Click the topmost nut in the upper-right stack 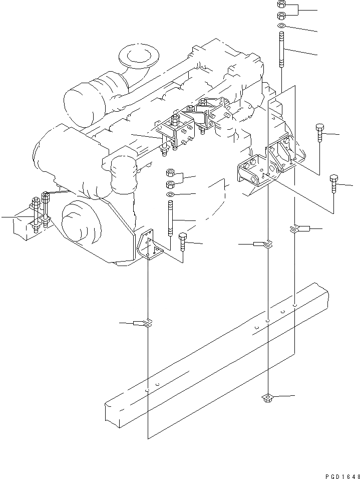(281, 4)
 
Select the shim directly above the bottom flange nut (268, 244)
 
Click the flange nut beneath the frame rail (267, 398)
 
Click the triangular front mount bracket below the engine (149, 248)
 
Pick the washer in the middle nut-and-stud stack (170, 194)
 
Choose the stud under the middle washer (171, 217)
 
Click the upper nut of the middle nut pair (170, 173)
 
